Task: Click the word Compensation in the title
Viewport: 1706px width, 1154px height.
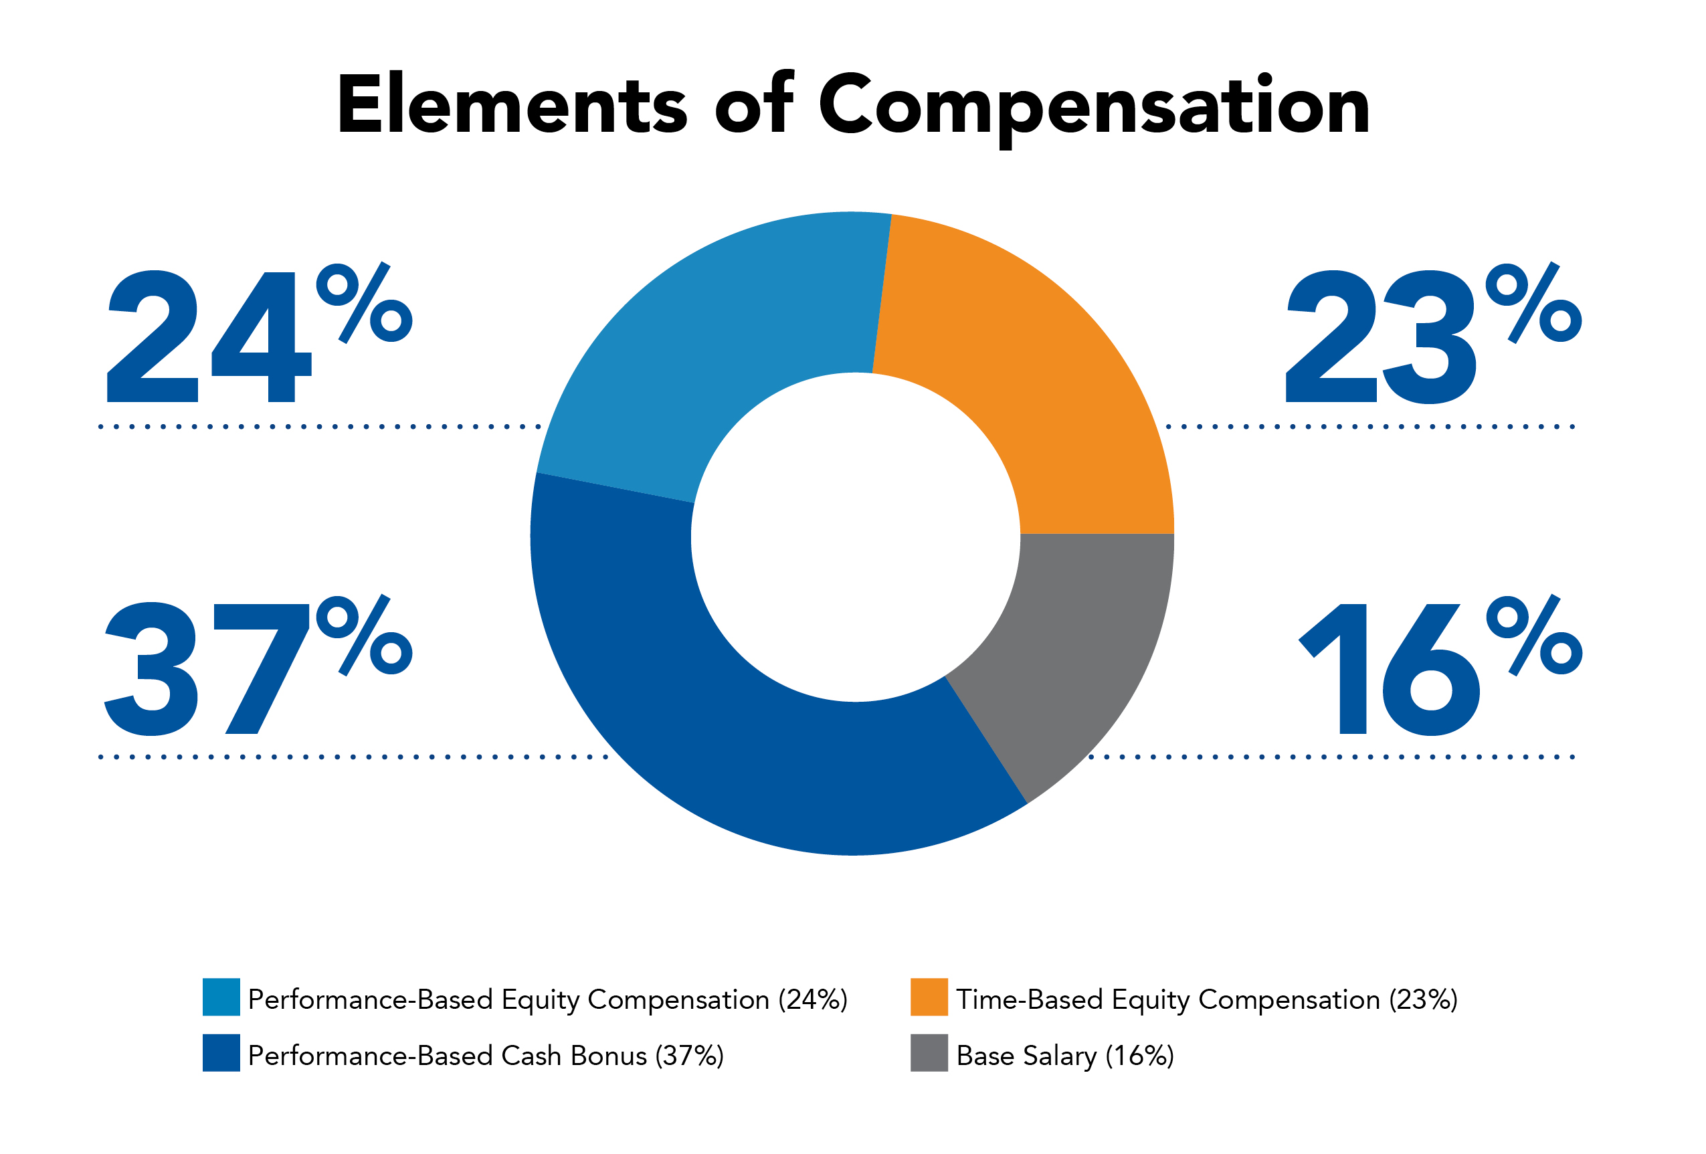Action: point(1094,106)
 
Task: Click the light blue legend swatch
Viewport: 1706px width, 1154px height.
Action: point(221,996)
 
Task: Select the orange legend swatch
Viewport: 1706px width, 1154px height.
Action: point(929,996)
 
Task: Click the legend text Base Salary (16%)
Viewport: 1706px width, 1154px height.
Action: point(1064,1056)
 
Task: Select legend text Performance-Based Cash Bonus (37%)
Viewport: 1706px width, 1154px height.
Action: point(485,1056)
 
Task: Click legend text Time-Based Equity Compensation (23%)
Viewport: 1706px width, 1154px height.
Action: point(1206,1000)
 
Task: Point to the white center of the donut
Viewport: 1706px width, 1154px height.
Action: point(855,537)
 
